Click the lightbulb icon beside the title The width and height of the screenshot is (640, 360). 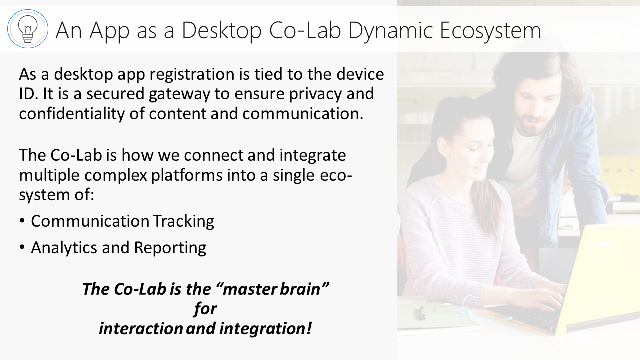28,29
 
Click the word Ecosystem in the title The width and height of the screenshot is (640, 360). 490,31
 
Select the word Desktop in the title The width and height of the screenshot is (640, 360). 221,31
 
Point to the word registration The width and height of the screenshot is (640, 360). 192,74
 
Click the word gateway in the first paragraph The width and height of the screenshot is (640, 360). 179,94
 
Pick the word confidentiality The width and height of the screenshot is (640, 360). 72,114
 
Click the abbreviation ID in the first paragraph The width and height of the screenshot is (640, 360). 28,94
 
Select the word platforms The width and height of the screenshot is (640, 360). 187,175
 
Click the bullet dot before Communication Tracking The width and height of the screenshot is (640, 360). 22,221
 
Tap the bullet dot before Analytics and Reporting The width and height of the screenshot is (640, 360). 22,247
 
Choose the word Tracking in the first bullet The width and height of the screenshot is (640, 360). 183,221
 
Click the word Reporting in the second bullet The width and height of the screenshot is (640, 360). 170,248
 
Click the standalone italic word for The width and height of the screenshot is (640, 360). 205,309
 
